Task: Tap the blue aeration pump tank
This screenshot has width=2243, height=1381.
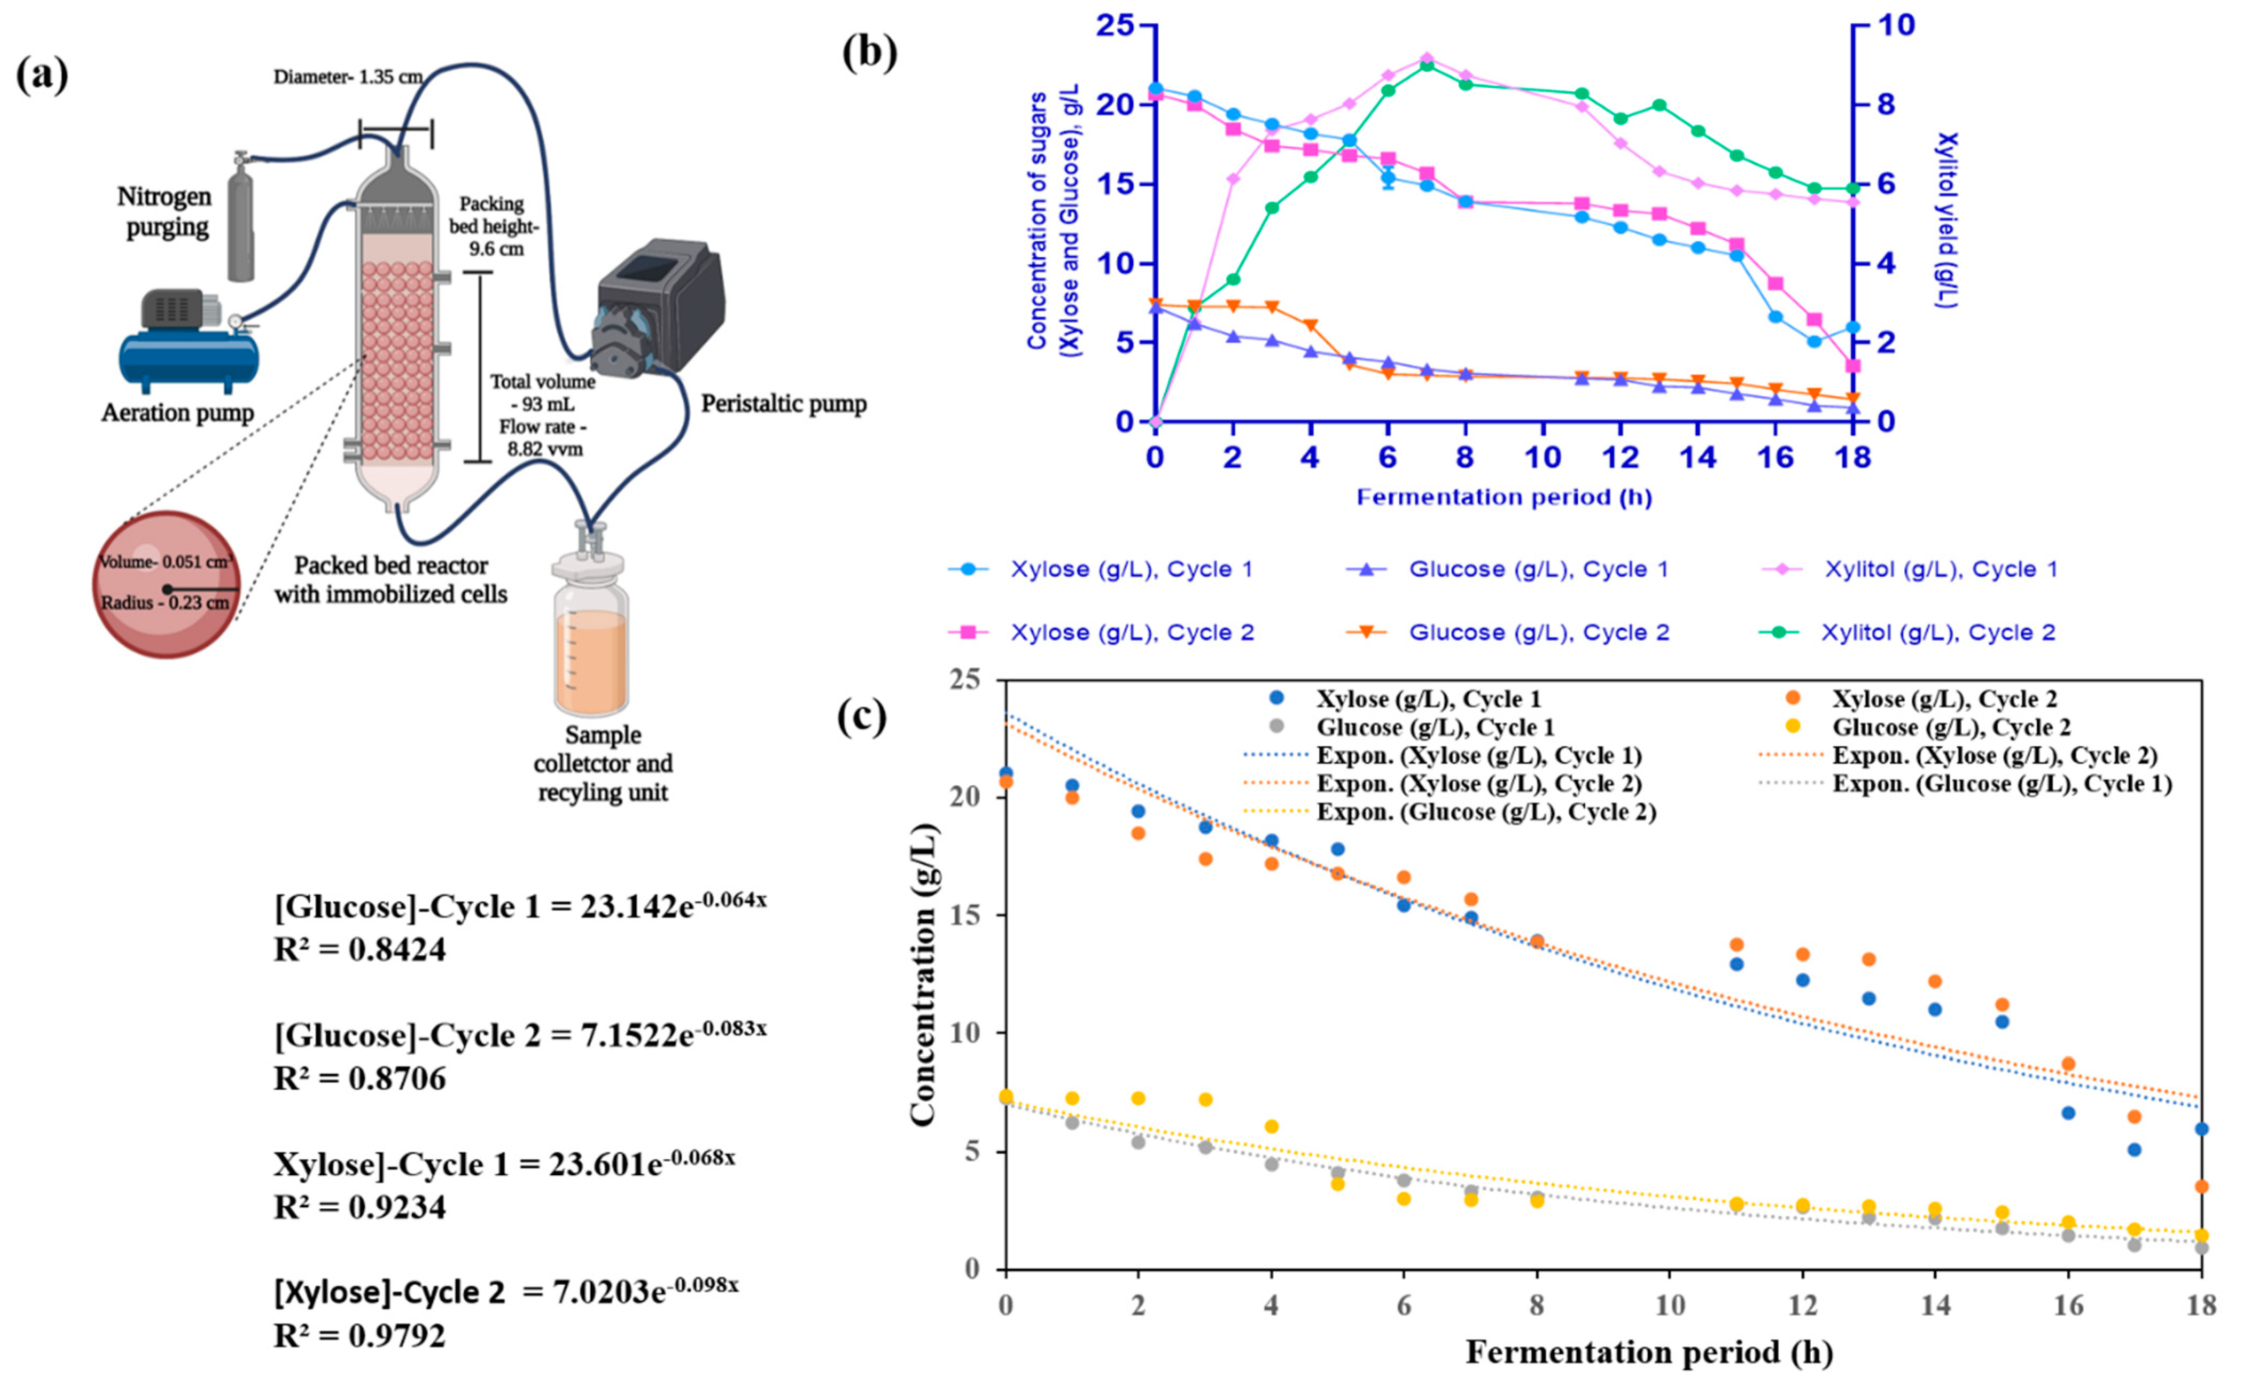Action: [189, 359]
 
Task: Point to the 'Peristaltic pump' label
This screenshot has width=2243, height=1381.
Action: [783, 403]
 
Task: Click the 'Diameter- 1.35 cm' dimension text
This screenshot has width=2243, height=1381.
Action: [348, 77]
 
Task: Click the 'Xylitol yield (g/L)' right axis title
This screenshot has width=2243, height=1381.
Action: [1947, 219]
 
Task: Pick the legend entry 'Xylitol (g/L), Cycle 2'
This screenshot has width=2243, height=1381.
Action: [1937, 632]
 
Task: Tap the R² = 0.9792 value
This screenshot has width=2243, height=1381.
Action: [359, 1335]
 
